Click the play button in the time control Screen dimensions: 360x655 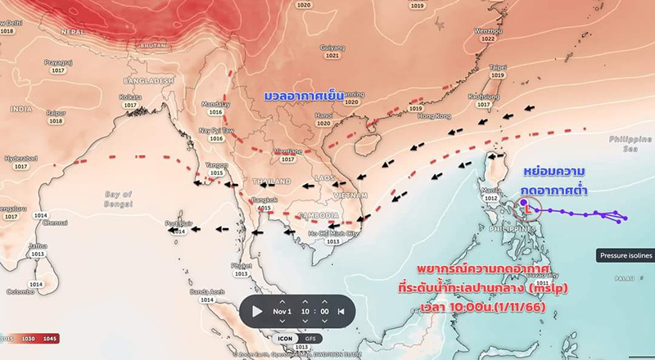coord(257,311)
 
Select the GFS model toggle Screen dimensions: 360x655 coord(310,338)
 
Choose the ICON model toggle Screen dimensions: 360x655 coord(285,338)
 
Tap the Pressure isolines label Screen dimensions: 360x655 coord(626,256)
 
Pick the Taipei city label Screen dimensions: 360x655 coord(497,66)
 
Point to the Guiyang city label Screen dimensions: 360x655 coord(332,48)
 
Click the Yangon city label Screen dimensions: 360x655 coord(216,164)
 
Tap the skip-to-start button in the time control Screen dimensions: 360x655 coord(341,311)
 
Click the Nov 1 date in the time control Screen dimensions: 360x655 coord(282,311)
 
